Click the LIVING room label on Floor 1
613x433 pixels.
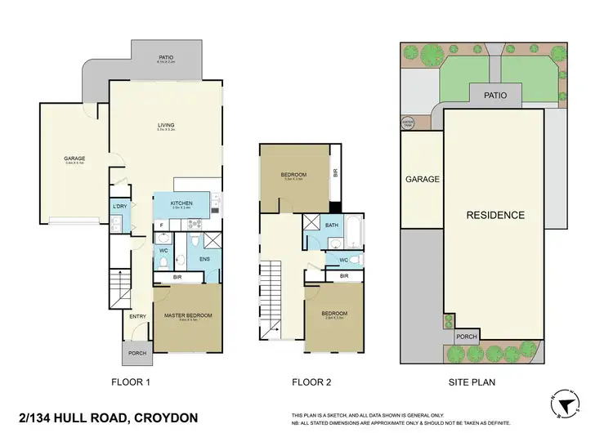tap(166, 125)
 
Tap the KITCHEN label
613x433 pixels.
tap(181, 203)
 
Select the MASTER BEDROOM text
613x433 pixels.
tap(188, 315)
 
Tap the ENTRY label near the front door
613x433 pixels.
tap(137, 317)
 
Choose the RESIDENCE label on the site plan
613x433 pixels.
tap(494, 216)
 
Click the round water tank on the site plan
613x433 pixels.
tap(408, 123)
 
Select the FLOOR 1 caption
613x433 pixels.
tap(131, 382)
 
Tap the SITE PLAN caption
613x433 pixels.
tap(472, 382)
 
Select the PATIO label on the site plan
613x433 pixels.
tap(494, 96)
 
